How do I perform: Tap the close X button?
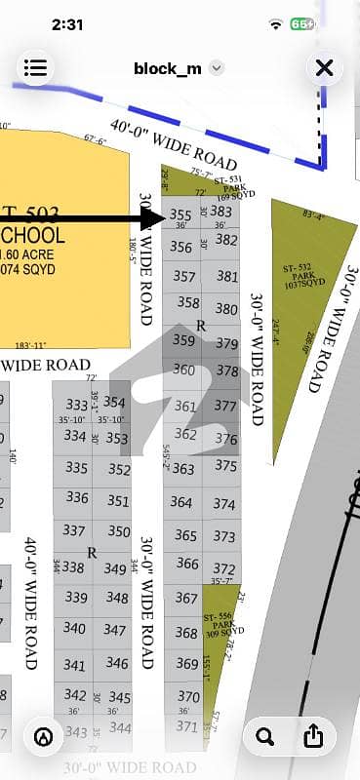tap(325, 67)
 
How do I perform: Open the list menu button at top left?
tap(35, 67)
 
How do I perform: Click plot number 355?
tap(180, 214)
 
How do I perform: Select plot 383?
tap(221, 211)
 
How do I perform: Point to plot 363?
tap(183, 469)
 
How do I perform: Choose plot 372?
tap(225, 568)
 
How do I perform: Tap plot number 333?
tap(76, 404)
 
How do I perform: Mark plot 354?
tap(115, 402)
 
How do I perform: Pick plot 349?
tap(116, 568)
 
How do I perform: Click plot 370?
tap(188, 696)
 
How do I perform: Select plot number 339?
tap(74, 597)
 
